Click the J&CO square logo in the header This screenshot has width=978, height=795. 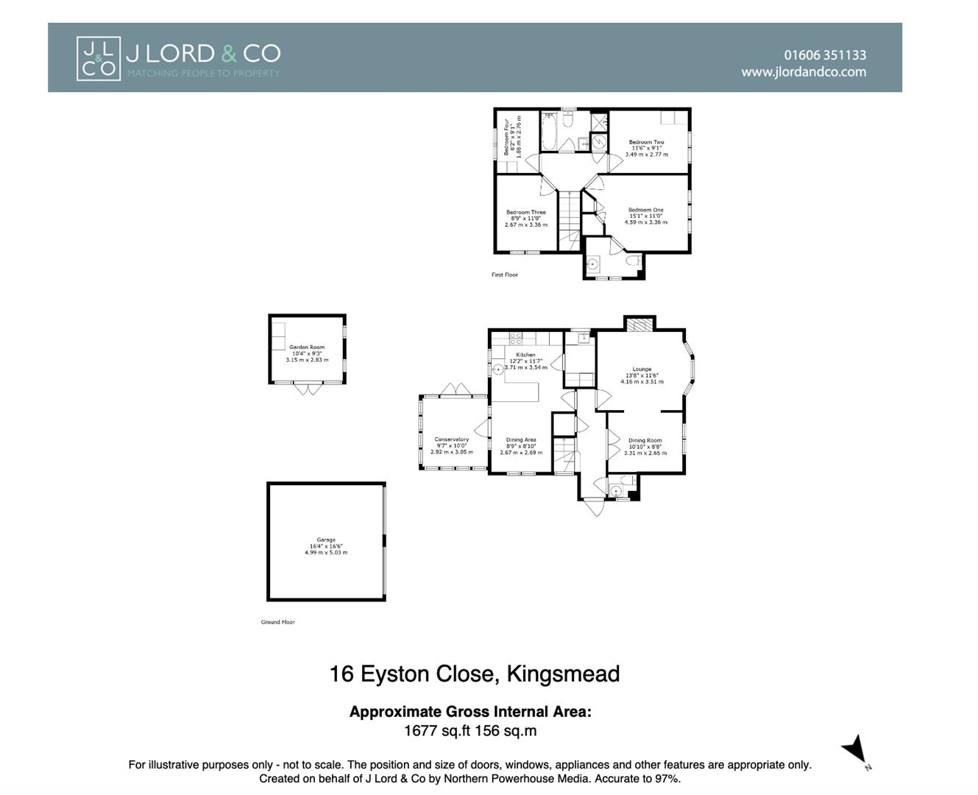[x=98, y=58]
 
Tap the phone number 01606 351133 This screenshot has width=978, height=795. [x=824, y=55]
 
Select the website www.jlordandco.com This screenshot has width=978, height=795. [x=803, y=72]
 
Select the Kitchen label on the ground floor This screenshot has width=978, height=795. [x=525, y=355]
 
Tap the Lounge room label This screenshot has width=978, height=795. [x=642, y=370]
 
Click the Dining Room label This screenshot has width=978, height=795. [x=645, y=441]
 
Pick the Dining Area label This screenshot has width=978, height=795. [x=521, y=440]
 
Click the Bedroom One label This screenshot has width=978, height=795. [x=645, y=211]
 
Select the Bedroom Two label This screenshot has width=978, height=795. [x=646, y=142]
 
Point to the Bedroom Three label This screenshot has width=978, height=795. [x=526, y=213]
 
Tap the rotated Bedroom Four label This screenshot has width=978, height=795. [x=507, y=137]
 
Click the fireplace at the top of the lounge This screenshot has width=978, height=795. [x=639, y=324]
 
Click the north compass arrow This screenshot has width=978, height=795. [x=855, y=750]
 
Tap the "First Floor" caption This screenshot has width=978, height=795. [x=505, y=275]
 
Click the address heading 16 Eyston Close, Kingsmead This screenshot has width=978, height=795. [x=474, y=674]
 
